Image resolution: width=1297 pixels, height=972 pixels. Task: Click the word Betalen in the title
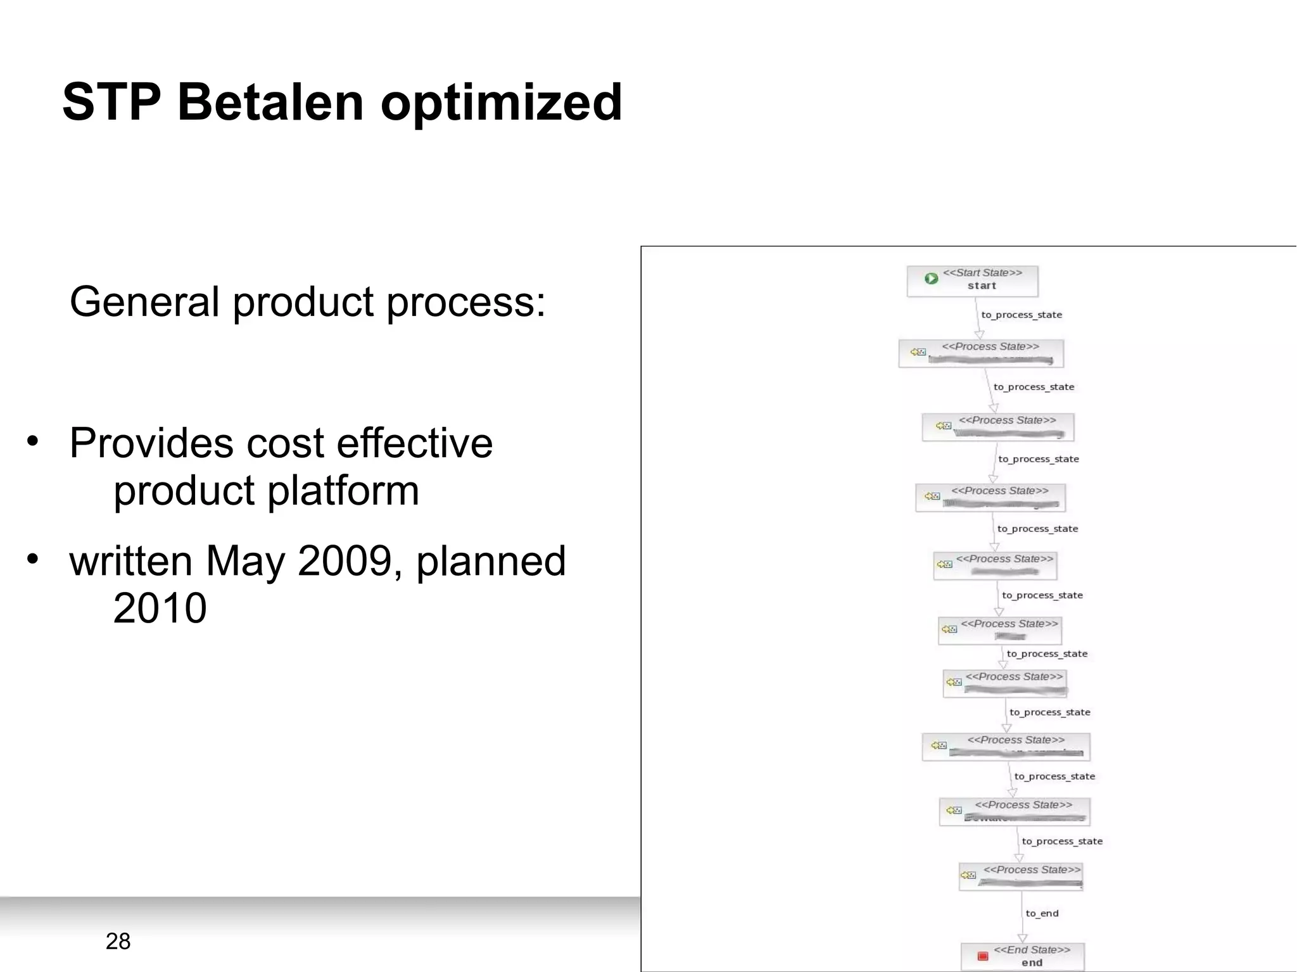(270, 103)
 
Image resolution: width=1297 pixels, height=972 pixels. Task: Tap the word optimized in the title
(501, 103)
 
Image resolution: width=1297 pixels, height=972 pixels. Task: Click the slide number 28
(118, 941)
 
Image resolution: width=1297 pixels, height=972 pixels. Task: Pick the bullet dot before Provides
(32, 441)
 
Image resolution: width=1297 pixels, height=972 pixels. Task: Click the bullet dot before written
(32, 559)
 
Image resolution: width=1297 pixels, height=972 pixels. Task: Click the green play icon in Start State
(931, 279)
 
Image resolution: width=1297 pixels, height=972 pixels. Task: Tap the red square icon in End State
(983, 956)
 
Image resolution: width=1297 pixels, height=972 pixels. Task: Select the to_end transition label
(1042, 913)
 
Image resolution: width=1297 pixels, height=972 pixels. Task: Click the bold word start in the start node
(982, 286)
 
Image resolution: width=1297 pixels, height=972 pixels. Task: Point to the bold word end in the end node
(1032, 963)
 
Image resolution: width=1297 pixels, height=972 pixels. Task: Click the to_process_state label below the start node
(1022, 315)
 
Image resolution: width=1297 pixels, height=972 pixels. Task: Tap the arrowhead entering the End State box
(1022, 938)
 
